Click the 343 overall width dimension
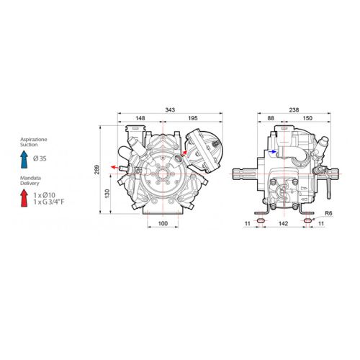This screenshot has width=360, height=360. click(170, 110)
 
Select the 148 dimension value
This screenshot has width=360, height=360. click(140, 118)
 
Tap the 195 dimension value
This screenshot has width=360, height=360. click(193, 118)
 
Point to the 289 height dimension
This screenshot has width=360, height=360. click(96, 169)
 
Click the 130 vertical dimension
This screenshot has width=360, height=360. click(107, 194)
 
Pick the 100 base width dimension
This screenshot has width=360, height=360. click(163, 223)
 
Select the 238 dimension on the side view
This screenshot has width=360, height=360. click(294, 110)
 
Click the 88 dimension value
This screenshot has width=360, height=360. click(271, 118)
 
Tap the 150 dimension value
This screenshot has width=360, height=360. click(307, 118)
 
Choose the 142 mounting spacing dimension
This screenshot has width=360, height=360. click(283, 223)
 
